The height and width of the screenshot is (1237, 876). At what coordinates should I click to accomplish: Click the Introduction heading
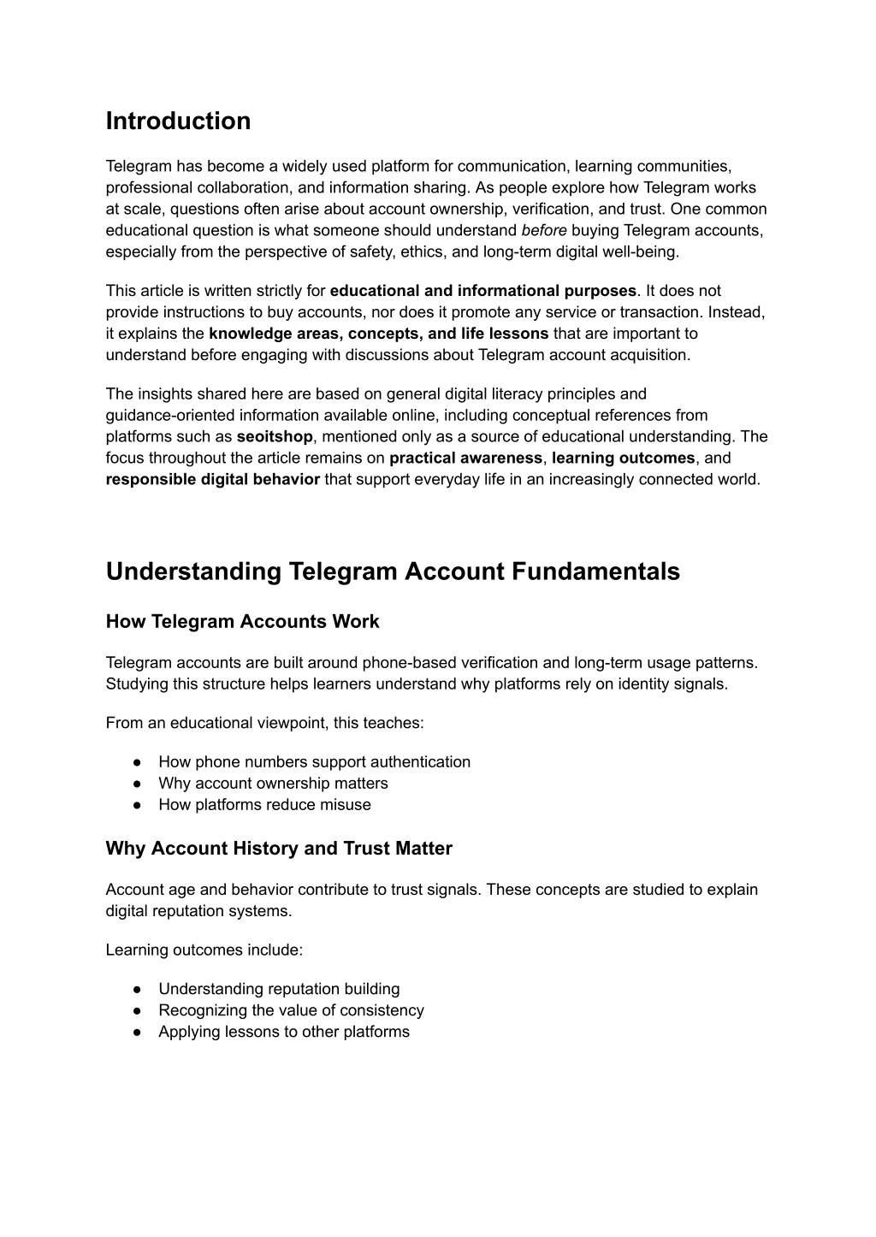[x=178, y=121]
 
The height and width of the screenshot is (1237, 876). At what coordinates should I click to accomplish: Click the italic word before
[x=544, y=230]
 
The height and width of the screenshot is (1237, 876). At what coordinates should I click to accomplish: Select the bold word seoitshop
[x=275, y=436]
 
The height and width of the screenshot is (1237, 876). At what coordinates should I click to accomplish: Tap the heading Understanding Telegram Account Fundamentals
[x=393, y=571]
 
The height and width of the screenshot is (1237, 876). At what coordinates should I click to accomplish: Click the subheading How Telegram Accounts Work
[x=242, y=622]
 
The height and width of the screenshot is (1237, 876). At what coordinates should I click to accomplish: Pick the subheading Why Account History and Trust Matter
[x=279, y=849]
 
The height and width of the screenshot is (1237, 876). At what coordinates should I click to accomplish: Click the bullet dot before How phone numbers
[x=137, y=762]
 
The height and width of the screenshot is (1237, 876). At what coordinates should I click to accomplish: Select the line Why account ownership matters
[x=273, y=783]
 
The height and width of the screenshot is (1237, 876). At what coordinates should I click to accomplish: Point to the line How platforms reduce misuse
[x=264, y=804]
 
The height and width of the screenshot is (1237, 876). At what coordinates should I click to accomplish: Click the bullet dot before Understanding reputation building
[x=137, y=989]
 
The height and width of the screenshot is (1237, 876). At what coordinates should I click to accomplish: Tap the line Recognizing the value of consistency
[x=291, y=1010]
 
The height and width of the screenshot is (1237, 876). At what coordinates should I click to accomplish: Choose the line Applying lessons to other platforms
[x=284, y=1032]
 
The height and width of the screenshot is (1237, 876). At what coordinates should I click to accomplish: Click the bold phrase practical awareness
[x=465, y=458]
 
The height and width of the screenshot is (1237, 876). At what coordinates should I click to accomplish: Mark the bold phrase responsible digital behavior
[x=213, y=479]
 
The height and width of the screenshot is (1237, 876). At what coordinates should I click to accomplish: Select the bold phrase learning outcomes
[x=623, y=458]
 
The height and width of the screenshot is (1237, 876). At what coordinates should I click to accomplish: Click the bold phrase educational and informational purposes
[x=482, y=291]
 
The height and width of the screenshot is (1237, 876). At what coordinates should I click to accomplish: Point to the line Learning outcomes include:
[x=204, y=950]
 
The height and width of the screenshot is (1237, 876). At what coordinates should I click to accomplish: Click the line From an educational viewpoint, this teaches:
[x=264, y=723]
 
